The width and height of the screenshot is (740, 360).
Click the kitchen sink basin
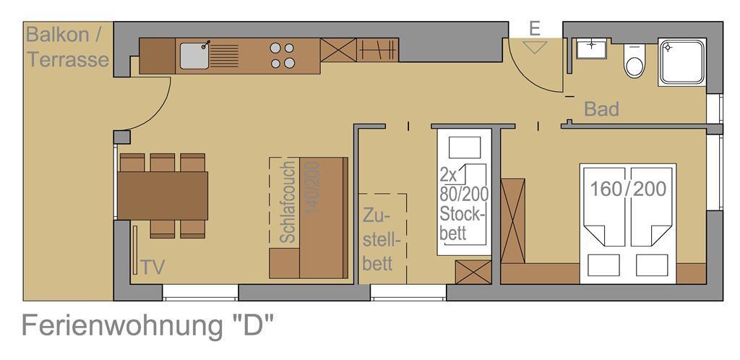click(194, 56)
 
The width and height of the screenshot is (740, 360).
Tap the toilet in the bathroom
click(634, 61)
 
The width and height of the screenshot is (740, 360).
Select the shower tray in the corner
click(682, 62)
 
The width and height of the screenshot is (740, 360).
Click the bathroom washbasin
click(591, 49)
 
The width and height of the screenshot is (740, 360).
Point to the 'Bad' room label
click(601, 109)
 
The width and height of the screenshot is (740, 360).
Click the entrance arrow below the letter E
click(535, 47)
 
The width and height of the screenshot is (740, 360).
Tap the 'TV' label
click(153, 267)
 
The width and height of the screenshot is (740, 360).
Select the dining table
click(163, 196)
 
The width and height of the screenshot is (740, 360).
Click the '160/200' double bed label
click(628, 189)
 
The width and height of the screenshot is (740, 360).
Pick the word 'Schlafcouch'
click(288, 202)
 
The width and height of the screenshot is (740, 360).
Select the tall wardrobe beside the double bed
click(513, 220)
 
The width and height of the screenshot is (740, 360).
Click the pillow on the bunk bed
click(465, 147)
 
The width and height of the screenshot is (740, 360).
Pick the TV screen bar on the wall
click(135, 250)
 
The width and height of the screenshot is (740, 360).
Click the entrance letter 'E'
click(534, 29)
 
